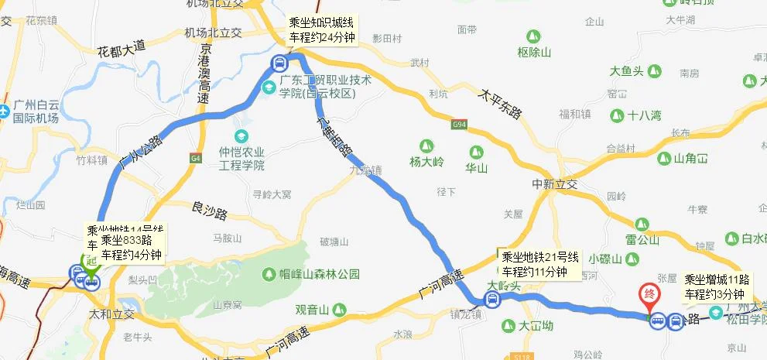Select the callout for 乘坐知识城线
320,30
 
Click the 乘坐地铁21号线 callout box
535,264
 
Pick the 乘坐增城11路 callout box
714,286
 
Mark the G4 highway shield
194,159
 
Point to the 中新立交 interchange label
555,185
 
